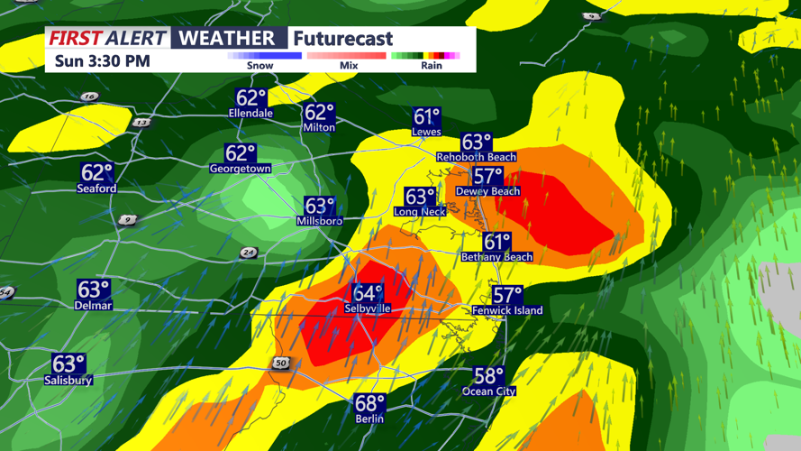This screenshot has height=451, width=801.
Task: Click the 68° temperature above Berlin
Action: click(369, 403)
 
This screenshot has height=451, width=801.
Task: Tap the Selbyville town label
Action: click(368, 308)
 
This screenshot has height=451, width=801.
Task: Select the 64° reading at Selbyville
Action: click(368, 294)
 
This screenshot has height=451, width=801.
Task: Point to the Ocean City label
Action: click(489, 391)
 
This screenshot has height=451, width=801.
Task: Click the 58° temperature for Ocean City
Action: click(489, 376)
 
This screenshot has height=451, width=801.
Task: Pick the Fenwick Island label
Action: click(507, 310)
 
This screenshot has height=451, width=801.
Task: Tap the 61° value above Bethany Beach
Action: click(496, 242)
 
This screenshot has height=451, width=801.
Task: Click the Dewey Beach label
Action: click(487, 191)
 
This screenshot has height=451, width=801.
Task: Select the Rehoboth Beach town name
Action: click(477, 157)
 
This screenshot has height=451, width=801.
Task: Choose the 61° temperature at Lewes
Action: click(426, 117)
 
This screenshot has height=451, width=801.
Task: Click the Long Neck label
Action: click(420, 212)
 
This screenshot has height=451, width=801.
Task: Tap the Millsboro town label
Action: click(320, 221)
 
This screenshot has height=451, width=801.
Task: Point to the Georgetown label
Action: click(241, 169)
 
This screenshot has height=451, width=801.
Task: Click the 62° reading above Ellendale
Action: click(250, 98)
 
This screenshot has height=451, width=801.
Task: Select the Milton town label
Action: click(319, 127)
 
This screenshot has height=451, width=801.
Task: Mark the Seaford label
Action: click(96, 189)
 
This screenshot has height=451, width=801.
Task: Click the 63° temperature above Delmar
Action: click(94, 290)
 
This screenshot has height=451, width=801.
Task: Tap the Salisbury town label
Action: click(68, 381)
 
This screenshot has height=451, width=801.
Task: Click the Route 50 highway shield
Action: click(280, 363)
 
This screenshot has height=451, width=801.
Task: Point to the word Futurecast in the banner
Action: click(342, 38)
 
